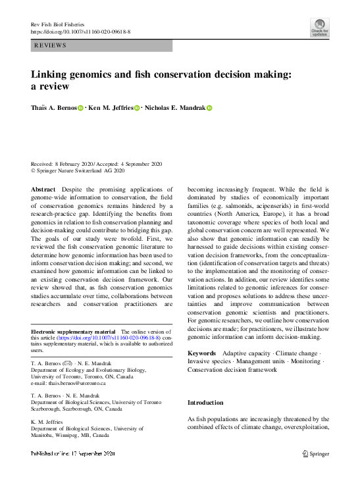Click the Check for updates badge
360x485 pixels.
click(x=319, y=27)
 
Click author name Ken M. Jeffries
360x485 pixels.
click(x=111, y=107)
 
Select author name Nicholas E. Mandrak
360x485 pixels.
click(x=174, y=107)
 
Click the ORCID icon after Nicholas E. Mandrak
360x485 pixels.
click(x=210, y=107)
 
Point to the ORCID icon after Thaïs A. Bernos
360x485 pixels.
click(x=82, y=107)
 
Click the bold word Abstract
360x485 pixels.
click(x=43, y=189)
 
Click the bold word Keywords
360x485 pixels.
click(x=202, y=353)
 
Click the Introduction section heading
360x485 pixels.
click(x=205, y=402)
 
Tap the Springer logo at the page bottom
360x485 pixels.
click(x=316, y=453)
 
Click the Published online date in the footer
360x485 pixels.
click(x=73, y=453)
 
